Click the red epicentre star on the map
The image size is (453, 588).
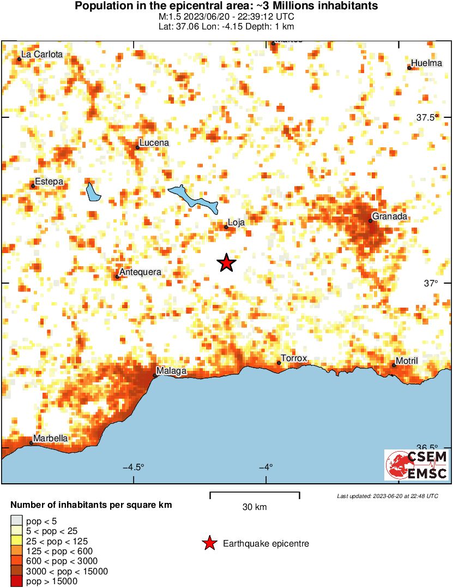click(226, 263)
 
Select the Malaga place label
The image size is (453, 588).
click(173, 371)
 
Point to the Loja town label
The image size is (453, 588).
click(236, 222)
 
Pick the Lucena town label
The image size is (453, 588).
click(154, 143)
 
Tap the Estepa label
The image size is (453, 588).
click(49, 182)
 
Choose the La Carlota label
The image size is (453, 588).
click(41, 55)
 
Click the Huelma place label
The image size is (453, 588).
click(427, 63)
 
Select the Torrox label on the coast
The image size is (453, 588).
click(294, 358)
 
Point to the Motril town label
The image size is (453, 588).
click(407, 361)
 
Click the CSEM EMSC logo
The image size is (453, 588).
click(417, 465)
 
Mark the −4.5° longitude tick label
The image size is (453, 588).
click(134, 467)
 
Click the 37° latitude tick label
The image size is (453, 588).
click(432, 283)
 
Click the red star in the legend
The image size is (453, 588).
click(209, 543)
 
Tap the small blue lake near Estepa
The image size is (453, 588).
click(93, 191)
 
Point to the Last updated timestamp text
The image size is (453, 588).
click(387, 496)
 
